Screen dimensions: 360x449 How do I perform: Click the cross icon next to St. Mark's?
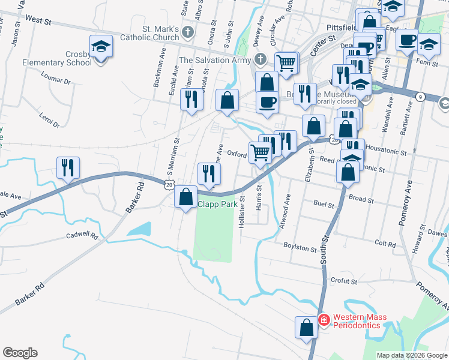(188, 32)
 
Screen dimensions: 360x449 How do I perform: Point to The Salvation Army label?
(214, 60)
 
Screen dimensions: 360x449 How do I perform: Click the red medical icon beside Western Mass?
(324, 321)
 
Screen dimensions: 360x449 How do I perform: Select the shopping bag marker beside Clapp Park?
(186, 196)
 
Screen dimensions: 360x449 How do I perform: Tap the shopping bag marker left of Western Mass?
(306, 328)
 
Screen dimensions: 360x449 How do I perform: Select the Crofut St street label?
(343, 281)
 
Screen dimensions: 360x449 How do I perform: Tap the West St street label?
(38, 20)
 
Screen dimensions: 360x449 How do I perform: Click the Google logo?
(20, 353)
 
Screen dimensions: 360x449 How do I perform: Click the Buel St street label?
(324, 205)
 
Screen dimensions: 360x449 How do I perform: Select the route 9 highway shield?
(420, 97)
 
